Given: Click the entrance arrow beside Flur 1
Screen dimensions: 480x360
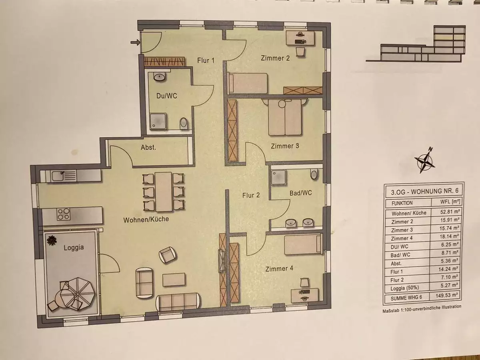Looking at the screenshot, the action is [135, 42].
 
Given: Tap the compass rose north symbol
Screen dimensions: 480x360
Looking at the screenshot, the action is [424, 161].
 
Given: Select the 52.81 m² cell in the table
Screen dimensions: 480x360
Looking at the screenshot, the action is [449, 212].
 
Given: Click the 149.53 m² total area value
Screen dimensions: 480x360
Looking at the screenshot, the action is [446, 296].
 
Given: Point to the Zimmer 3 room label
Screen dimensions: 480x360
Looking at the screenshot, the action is [285, 146].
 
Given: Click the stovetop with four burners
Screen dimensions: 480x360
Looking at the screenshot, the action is [64, 214].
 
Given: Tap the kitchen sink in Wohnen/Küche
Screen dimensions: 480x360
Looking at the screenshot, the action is [64, 176].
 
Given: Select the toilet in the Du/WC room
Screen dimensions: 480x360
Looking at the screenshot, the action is [184, 124].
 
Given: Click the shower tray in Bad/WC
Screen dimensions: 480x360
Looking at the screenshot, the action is [278, 178].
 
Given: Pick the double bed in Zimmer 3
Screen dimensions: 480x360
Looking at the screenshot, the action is [285, 117].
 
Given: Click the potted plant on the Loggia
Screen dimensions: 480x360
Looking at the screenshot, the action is [52, 241].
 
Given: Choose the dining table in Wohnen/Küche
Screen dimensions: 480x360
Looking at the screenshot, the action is [164, 192].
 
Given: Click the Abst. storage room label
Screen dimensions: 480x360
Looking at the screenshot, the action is [148, 148].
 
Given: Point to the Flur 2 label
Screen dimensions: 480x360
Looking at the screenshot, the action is [251, 195].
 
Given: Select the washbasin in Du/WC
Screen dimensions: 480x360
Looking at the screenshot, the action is [160, 77].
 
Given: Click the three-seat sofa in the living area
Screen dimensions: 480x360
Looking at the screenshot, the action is [178, 302].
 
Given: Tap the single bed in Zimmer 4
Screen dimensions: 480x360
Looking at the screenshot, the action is [303, 245].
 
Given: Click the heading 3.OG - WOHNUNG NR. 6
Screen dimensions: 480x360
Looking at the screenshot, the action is [424, 192].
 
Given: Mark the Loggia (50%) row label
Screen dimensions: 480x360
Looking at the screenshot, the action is [404, 288].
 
